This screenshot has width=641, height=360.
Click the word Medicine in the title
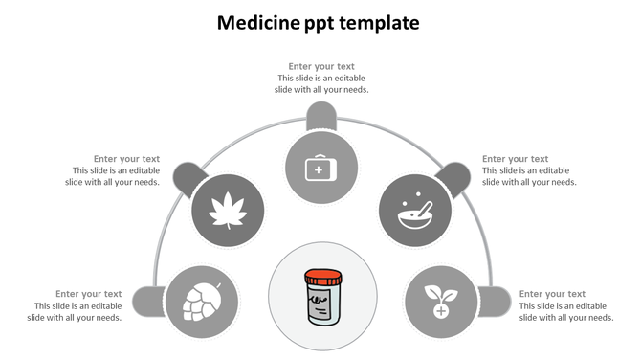coord(250,21)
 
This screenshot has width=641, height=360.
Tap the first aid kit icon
coord(320,169)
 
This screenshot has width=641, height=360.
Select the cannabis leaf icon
coord(227,208)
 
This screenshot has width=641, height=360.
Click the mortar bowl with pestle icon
coord(414,210)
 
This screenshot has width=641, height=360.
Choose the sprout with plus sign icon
coord(440,301)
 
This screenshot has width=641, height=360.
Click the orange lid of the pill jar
coord(320,279)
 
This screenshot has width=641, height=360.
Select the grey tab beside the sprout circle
coord(495,301)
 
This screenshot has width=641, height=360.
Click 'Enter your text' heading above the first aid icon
coord(321,67)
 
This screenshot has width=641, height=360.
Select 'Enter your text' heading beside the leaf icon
coord(126,159)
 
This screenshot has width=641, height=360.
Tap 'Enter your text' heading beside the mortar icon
coord(515,159)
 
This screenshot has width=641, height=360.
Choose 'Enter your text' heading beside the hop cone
coord(88,294)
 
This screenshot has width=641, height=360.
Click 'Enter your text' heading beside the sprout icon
coord(552,294)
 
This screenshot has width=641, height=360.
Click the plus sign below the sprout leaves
coord(440,311)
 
